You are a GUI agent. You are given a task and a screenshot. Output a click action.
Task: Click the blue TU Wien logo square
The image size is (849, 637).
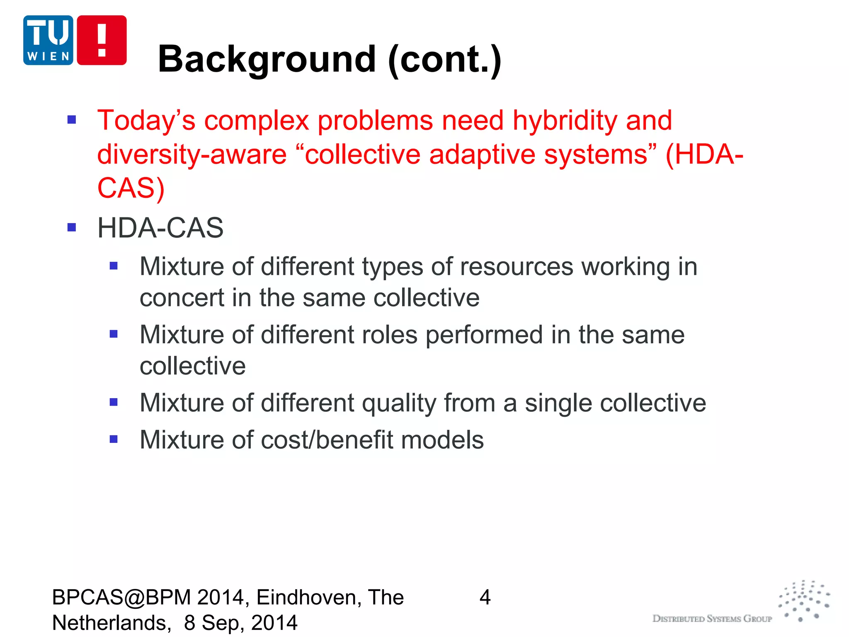point(48,40)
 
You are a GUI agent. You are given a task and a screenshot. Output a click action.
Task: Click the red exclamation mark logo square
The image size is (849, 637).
point(102,40)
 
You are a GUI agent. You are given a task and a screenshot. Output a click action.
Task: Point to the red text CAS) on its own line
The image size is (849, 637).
point(131,188)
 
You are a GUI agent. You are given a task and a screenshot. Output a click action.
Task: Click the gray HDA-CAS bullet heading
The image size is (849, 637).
point(160,228)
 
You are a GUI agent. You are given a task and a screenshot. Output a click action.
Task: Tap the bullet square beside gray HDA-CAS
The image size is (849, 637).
point(72,227)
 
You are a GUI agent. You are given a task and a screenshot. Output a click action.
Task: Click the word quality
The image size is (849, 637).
point(398,403)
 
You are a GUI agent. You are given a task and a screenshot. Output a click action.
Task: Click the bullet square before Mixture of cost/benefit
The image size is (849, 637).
point(114,439)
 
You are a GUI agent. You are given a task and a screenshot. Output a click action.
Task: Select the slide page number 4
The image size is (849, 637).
point(485,598)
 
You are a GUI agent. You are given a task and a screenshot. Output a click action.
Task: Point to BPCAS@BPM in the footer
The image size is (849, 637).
point(121,598)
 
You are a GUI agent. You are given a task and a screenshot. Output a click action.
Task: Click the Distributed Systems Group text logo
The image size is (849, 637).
point(712,619)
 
